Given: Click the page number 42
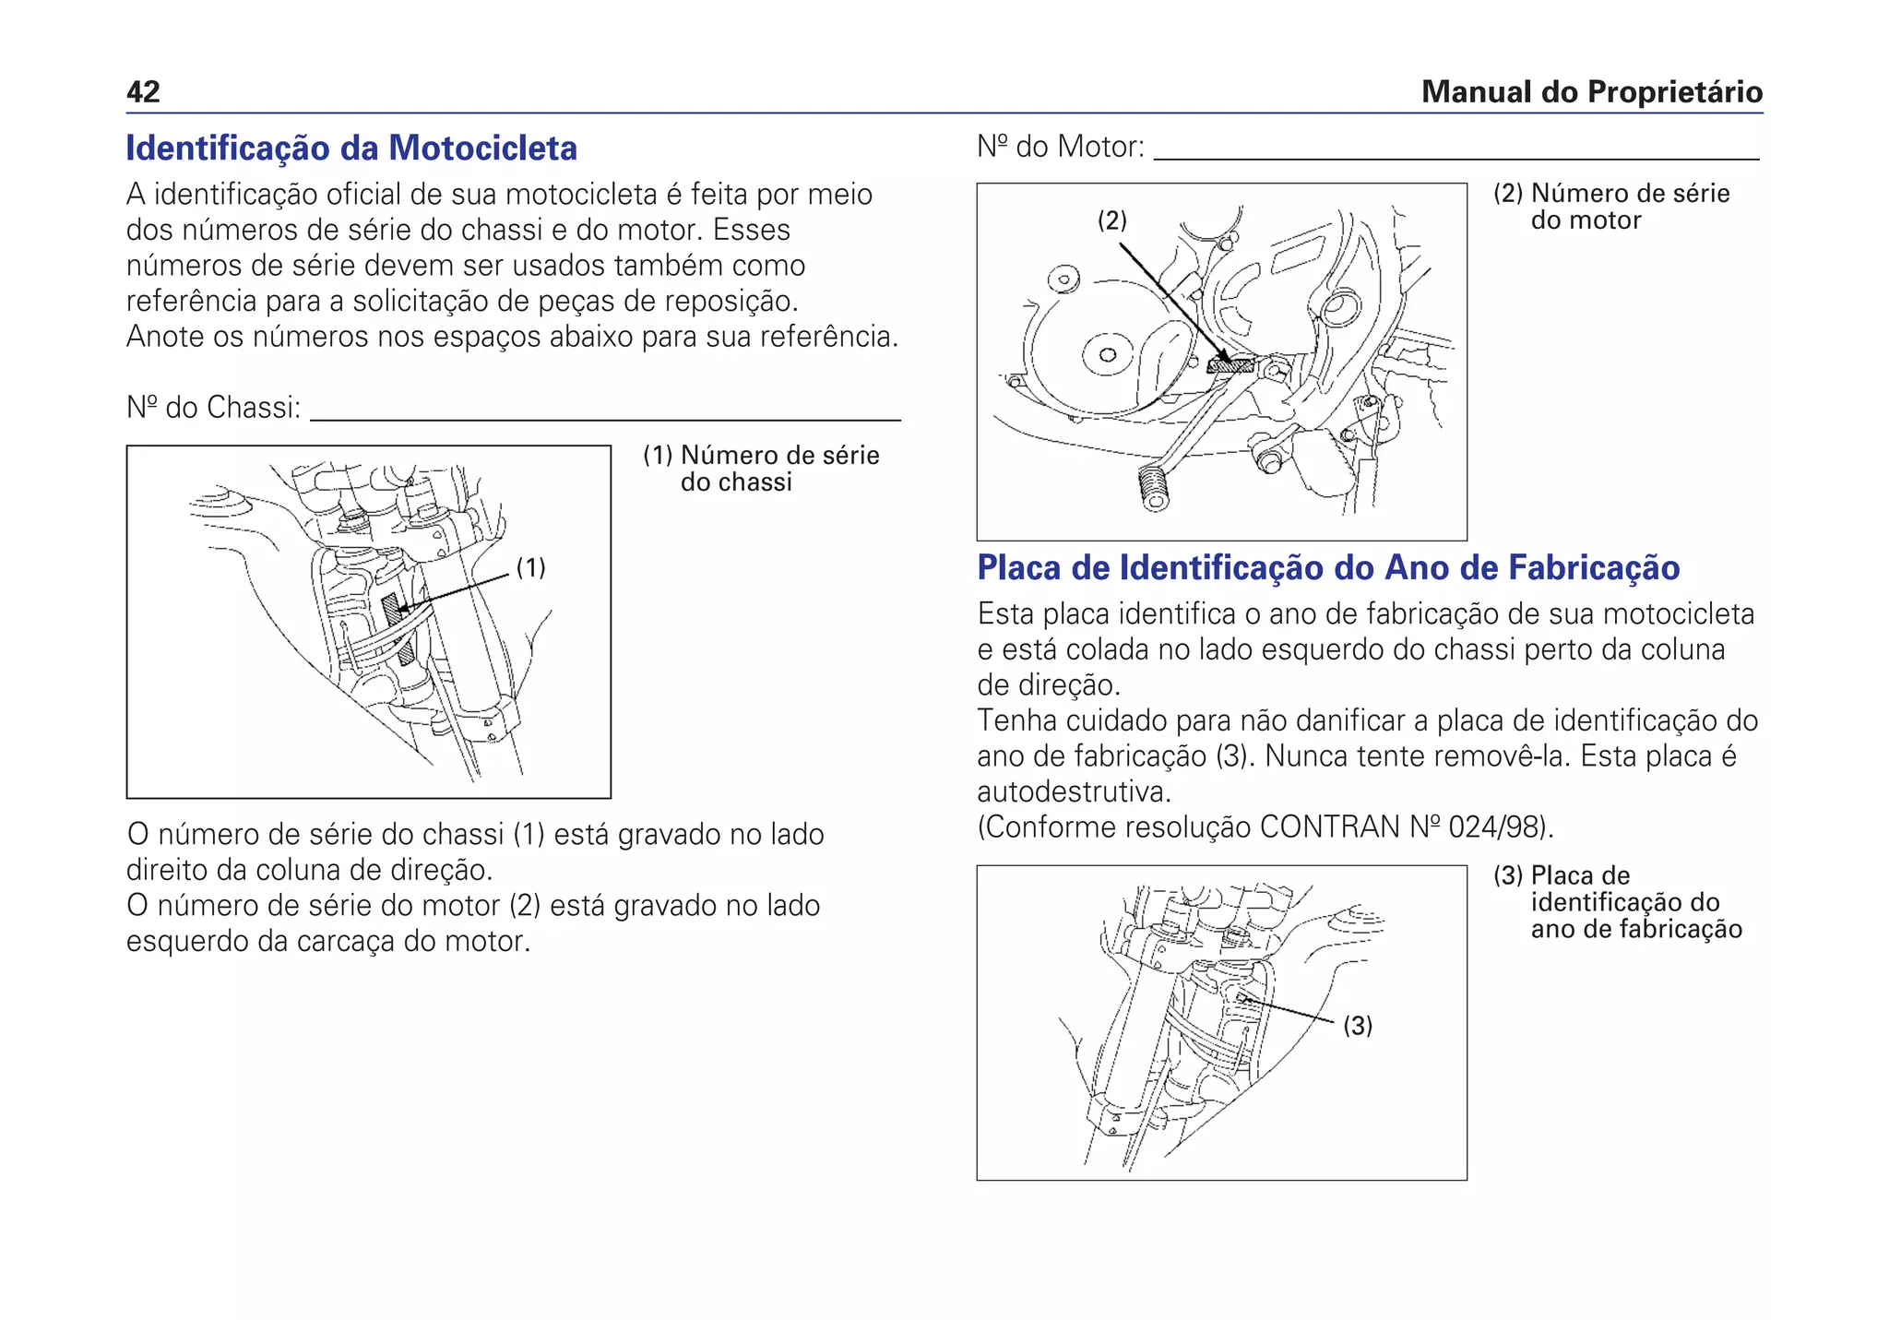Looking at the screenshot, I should pyautogui.click(x=143, y=92).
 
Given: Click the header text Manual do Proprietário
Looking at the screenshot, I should pyautogui.click(x=1591, y=92).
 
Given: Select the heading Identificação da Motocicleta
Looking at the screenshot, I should pyautogui.click(x=351, y=149).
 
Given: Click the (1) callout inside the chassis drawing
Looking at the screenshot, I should pyautogui.click(x=530, y=567).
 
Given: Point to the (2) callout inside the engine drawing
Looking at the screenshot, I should pyautogui.click(x=1111, y=220).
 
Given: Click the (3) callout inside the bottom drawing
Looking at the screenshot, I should pyautogui.click(x=1357, y=1026).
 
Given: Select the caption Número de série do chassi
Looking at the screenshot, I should pyautogui.click(x=762, y=469).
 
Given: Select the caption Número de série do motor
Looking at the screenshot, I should pyautogui.click(x=1612, y=207).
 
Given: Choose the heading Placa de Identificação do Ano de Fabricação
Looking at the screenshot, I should pyautogui.click(x=1327, y=568).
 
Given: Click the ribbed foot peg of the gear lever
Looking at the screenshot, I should pyautogui.click(x=1152, y=487).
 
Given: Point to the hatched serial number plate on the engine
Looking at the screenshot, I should pyautogui.click(x=1230, y=365).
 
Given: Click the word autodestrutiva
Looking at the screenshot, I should pyautogui.click(x=1073, y=792).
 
